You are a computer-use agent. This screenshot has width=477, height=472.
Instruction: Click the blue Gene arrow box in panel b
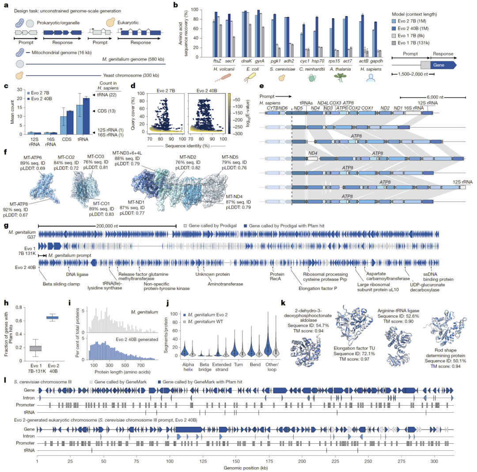coord(443,65)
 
